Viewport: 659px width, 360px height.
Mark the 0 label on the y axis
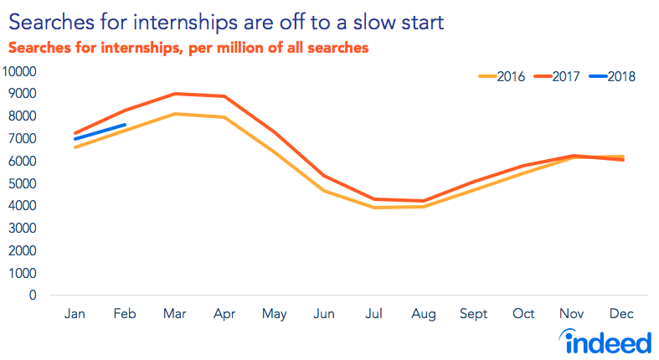pyautogui.click(x=33, y=295)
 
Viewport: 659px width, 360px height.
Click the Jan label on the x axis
pyautogui.click(x=75, y=313)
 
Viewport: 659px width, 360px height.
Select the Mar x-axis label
pyautogui.click(x=173, y=313)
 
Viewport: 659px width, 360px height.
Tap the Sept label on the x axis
pyautogui.click(x=473, y=313)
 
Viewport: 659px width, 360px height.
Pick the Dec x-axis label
pyautogui.click(x=622, y=313)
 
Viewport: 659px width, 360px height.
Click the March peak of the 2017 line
pyautogui.click(x=174, y=94)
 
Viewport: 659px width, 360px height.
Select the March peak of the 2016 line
pyautogui.click(x=174, y=114)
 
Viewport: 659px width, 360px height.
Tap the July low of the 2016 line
pyautogui.click(x=373, y=207)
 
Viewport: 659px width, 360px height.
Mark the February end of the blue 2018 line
pyautogui.click(x=125, y=126)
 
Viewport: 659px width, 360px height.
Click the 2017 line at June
pyautogui.click(x=323, y=176)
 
